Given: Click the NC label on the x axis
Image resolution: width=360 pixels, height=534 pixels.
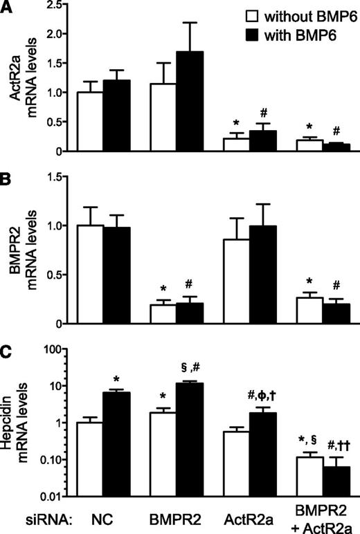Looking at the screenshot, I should click(x=90, y=518).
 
